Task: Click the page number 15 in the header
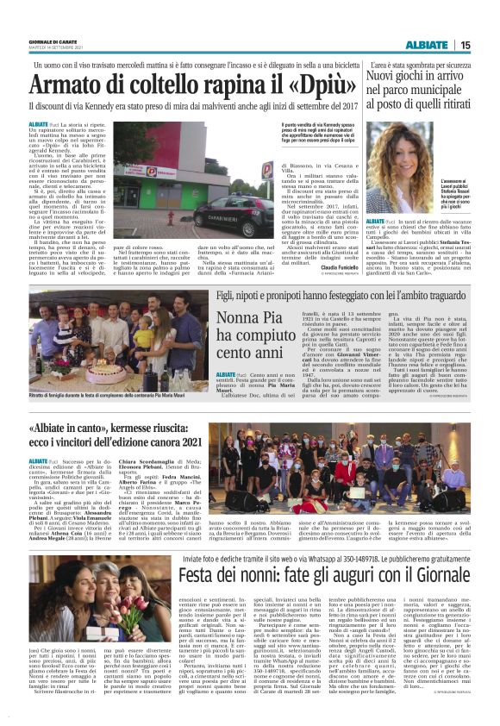coord(489,45)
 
